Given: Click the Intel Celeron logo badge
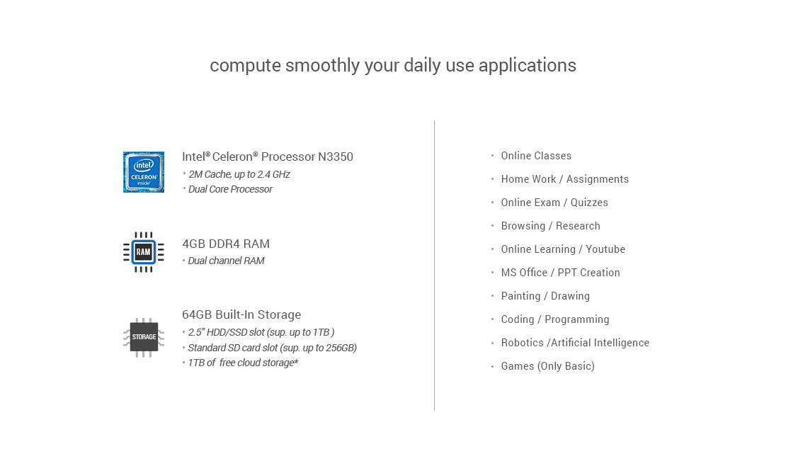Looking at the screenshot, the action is (143, 172).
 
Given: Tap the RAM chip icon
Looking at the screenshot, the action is (143, 252).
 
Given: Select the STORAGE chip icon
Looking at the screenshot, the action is (144, 337).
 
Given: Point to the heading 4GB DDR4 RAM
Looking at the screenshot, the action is (226, 244).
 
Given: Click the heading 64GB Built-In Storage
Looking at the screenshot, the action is (241, 314).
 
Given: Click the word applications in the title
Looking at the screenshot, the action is (528, 66).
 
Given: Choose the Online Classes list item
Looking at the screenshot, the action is (536, 156).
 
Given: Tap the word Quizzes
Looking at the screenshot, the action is (589, 203).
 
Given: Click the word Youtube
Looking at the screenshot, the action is (605, 249).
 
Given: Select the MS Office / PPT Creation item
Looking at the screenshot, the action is (560, 273).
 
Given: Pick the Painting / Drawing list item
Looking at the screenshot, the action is (545, 296).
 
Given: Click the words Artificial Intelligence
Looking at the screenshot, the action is (600, 343).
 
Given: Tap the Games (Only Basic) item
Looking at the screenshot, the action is (548, 366).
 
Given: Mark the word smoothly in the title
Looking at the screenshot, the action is (322, 66).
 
